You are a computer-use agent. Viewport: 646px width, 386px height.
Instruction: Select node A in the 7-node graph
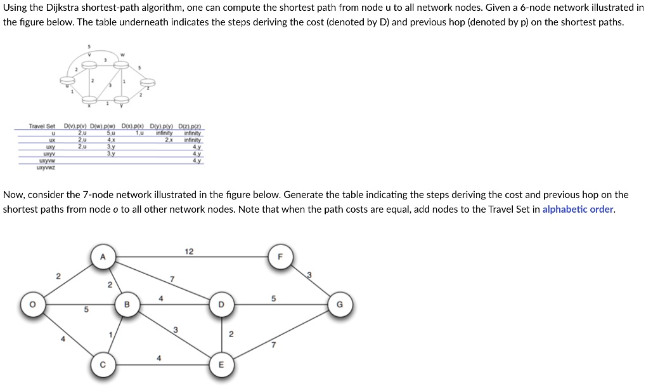103,256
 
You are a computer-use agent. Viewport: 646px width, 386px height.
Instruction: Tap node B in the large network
126,305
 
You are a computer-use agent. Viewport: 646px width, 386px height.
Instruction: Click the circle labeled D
221,305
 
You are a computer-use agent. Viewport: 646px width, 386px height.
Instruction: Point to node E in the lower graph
221,364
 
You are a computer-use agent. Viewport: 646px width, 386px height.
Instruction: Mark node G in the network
339,305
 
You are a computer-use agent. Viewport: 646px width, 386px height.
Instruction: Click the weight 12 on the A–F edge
189,251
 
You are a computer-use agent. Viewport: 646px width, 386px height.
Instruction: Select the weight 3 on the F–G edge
309,274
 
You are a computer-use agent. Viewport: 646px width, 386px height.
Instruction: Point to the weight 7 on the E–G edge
273,345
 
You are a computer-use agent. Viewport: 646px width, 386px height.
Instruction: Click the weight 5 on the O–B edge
87,310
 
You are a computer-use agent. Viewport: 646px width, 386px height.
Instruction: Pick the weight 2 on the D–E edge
231,334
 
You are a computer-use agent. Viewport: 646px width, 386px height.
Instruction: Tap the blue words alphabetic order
578,210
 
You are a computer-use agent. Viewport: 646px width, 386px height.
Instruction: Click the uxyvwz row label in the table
46,167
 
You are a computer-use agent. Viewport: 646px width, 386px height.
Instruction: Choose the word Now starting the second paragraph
13,195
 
